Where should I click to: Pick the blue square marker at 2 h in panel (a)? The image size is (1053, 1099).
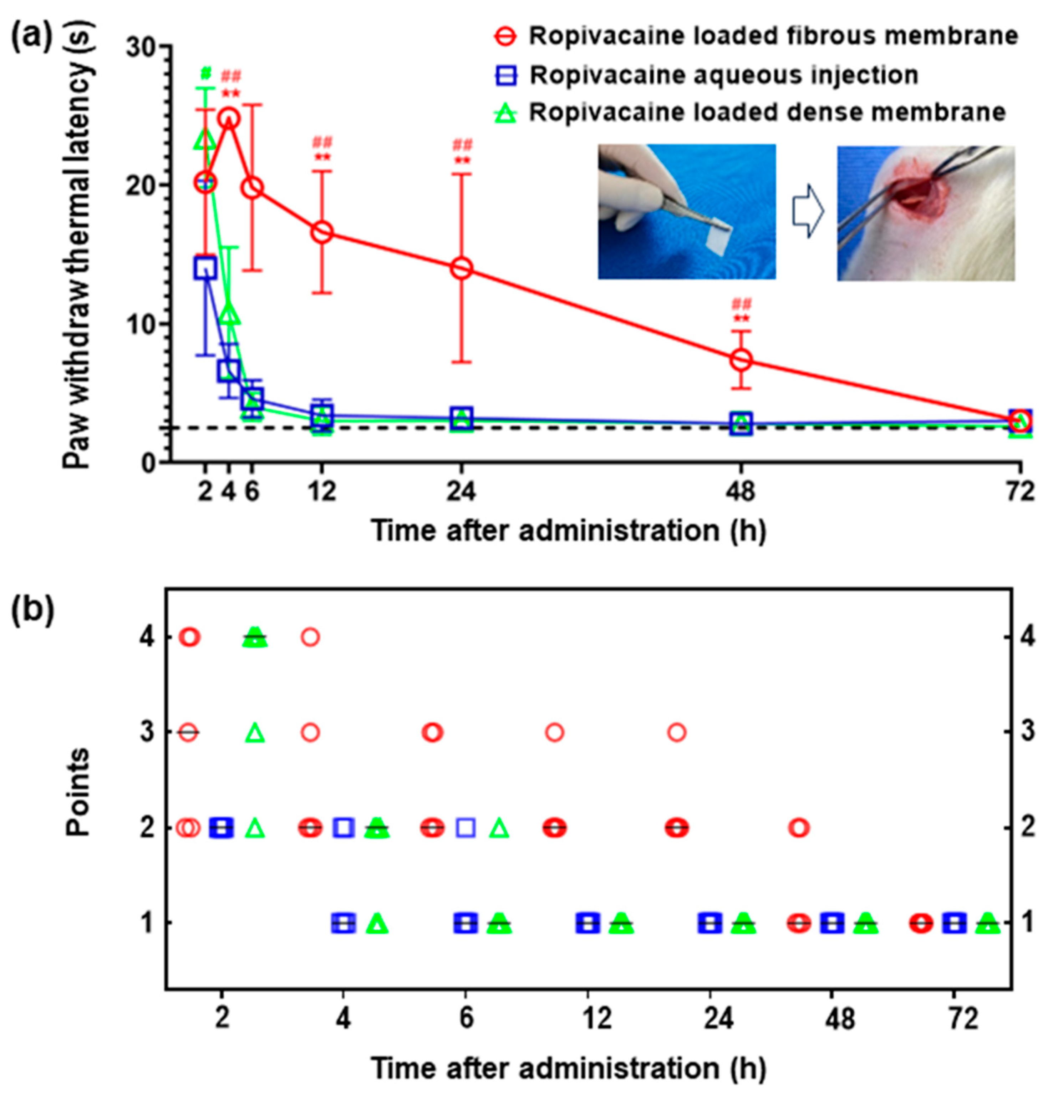coord(205,268)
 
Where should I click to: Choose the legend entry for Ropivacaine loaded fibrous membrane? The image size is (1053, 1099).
coord(773,36)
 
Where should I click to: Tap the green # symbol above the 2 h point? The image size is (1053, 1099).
coord(206,74)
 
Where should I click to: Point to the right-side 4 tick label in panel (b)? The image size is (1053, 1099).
coord(1027,637)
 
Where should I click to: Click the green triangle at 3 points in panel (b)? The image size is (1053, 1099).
coord(255,732)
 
